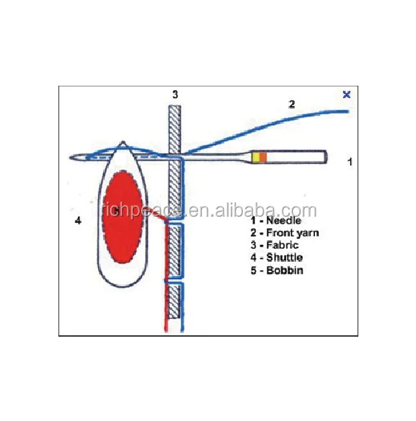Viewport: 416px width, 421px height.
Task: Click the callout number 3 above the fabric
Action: [x=175, y=95]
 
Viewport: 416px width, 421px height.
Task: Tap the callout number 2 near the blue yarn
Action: [x=292, y=104]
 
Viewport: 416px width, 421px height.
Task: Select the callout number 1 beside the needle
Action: [x=350, y=162]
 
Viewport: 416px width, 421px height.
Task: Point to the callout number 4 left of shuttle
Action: [x=78, y=221]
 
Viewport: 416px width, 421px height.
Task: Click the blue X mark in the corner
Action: [x=347, y=95]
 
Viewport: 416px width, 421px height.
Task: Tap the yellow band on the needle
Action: [x=256, y=157]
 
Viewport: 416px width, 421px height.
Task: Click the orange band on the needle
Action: [x=263, y=157]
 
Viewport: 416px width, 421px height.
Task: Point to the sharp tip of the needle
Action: [x=70, y=157]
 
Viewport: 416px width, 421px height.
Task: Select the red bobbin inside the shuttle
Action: [x=122, y=217]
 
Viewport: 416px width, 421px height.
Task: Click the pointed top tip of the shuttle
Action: [x=123, y=143]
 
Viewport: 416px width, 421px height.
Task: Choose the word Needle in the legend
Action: [x=283, y=221]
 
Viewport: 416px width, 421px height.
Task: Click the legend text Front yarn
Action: [x=293, y=233]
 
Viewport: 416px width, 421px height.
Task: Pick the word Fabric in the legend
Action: [x=282, y=246]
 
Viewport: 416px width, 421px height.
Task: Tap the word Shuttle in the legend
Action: [x=285, y=258]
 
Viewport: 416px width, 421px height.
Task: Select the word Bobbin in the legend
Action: [x=285, y=270]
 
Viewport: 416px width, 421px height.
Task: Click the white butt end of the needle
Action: [x=295, y=157]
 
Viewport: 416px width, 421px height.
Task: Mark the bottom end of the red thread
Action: [x=166, y=331]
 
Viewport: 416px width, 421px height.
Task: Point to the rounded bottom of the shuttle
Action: [x=123, y=286]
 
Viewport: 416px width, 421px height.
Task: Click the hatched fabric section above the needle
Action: [x=175, y=130]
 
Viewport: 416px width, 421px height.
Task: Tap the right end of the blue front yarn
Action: [x=348, y=112]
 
